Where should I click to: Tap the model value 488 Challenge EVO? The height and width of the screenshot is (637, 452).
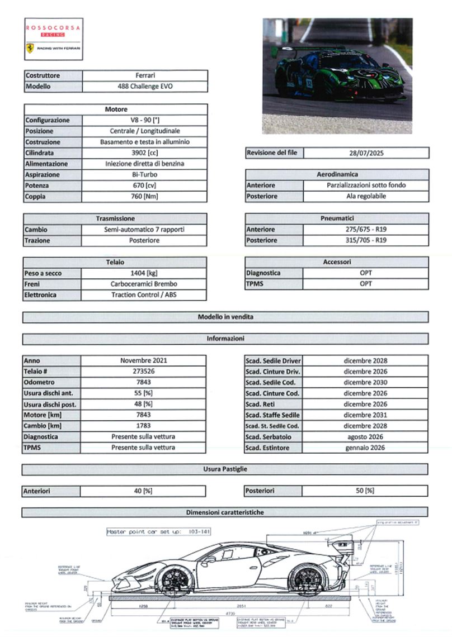point(144,87)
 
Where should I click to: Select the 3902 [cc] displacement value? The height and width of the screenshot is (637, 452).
point(144,153)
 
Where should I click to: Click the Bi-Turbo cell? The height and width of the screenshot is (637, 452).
point(144,175)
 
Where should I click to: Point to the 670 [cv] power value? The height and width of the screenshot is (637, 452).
point(144,186)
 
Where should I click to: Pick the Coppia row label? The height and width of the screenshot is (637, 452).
point(53,197)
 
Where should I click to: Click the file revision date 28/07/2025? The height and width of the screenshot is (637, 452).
point(366,153)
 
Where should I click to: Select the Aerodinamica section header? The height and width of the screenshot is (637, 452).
point(337,174)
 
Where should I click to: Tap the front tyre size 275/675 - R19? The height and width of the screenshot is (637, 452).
point(366,229)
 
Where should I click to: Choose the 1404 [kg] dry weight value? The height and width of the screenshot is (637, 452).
point(144,273)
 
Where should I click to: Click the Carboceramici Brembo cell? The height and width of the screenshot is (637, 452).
point(144,284)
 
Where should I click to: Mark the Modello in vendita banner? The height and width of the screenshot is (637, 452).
point(225,317)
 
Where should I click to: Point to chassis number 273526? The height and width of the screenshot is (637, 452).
point(143,372)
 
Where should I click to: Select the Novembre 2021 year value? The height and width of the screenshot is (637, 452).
point(143,360)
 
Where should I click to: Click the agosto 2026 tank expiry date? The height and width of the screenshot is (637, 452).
point(365,436)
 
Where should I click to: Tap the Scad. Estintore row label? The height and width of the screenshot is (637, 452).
point(273,448)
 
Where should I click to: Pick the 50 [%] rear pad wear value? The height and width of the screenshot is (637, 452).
point(365,491)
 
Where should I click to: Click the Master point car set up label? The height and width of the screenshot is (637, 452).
point(158,532)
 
